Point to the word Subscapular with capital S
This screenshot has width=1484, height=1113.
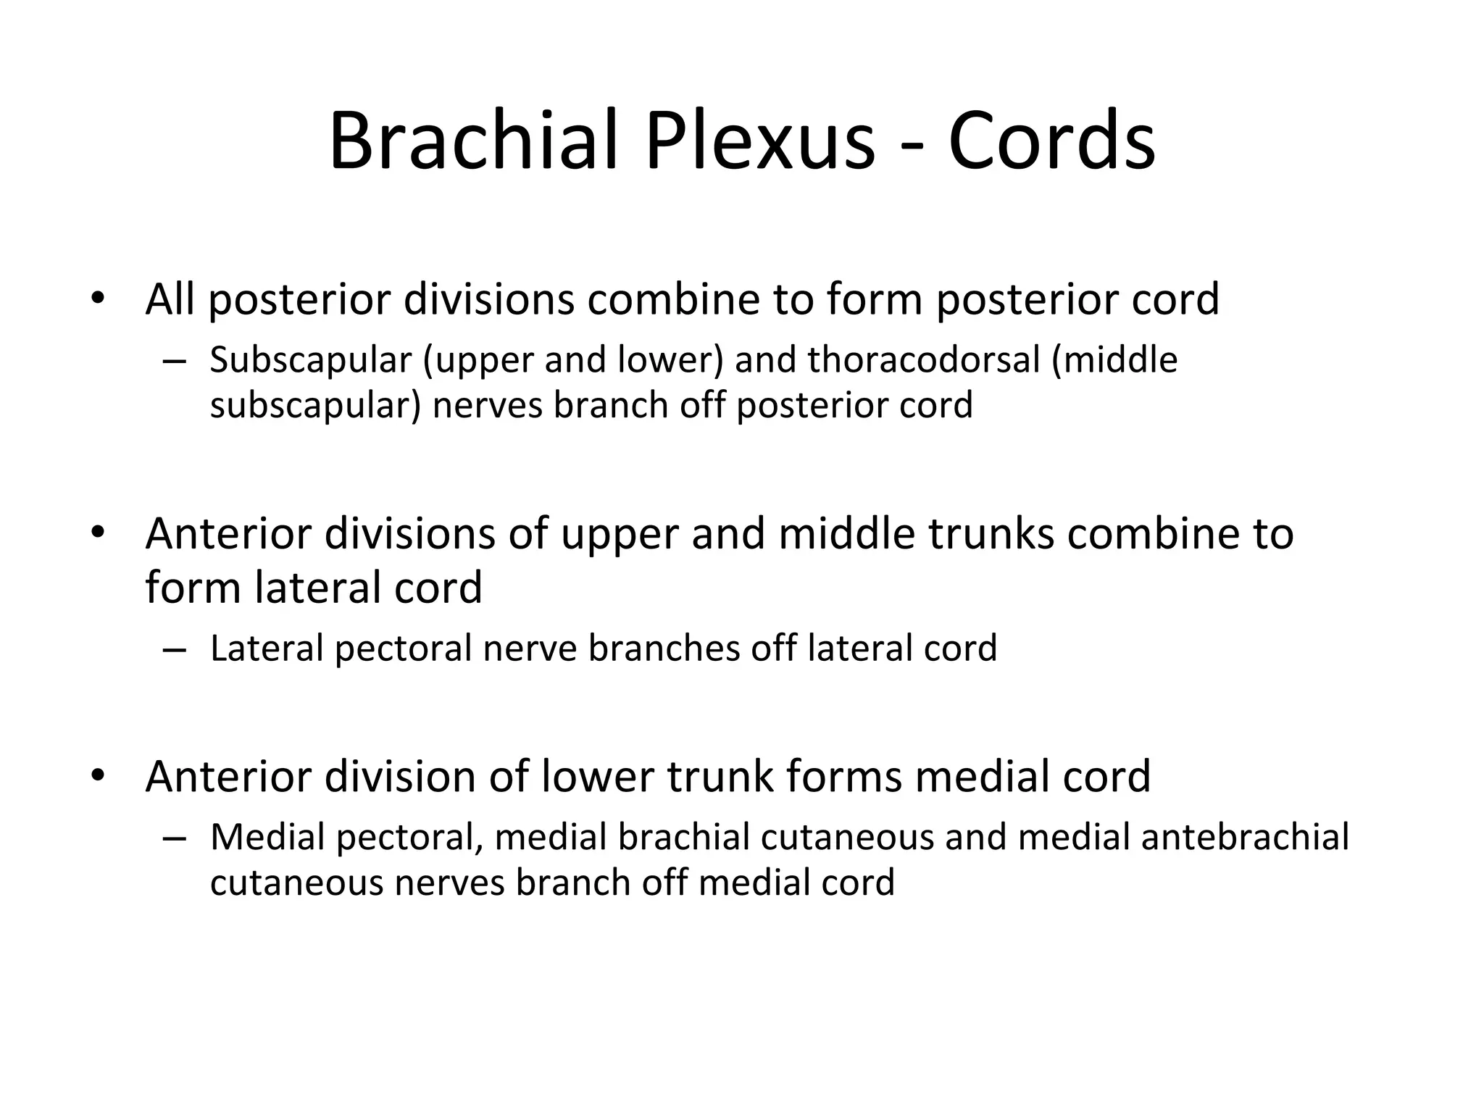click(310, 360)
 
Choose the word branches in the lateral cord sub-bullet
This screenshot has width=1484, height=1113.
click(663, 648)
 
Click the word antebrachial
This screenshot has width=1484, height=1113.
click(1244, 837)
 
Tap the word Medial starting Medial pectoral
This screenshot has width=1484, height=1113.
click(267, 837)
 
